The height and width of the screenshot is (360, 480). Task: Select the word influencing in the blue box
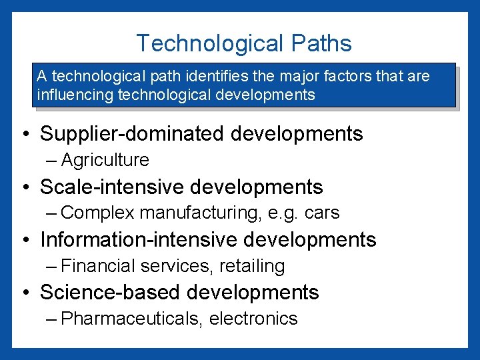[75, 95]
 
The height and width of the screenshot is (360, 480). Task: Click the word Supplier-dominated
[133, 133]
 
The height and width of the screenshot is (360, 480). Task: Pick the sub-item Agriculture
[105, 160]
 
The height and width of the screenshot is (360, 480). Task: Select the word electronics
[253, 319]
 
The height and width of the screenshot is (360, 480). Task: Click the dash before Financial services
[53, 266]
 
